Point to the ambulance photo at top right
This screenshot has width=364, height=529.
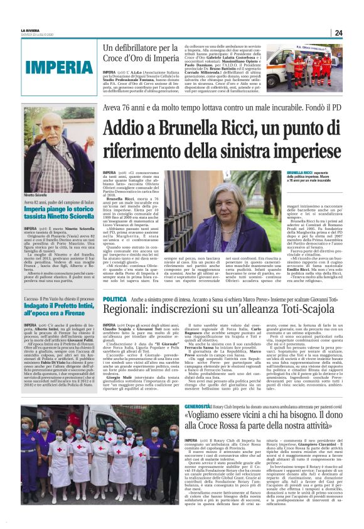(x=307, y=66)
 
